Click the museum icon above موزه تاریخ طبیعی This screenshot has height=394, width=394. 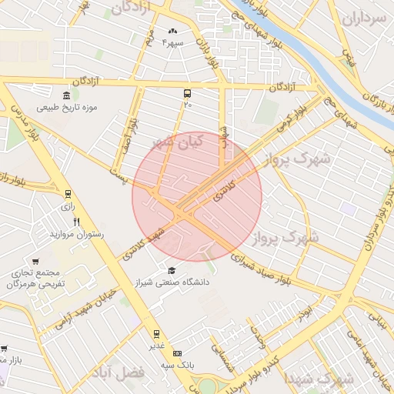66,95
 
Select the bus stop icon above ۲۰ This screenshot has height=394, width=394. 188,92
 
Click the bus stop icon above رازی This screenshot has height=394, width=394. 68,195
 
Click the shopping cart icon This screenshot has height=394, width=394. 36,261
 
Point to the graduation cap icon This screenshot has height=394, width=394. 171,270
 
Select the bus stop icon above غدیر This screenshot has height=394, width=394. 157,334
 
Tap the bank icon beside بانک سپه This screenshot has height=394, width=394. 179,352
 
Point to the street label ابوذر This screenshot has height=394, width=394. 306,312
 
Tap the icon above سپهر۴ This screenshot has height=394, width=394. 172,32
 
